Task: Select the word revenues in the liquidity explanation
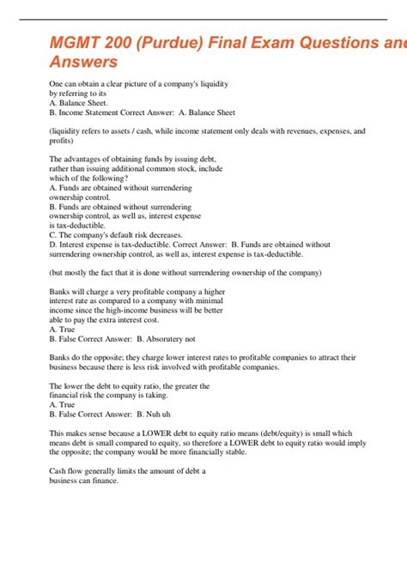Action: [x=289, y=130]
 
